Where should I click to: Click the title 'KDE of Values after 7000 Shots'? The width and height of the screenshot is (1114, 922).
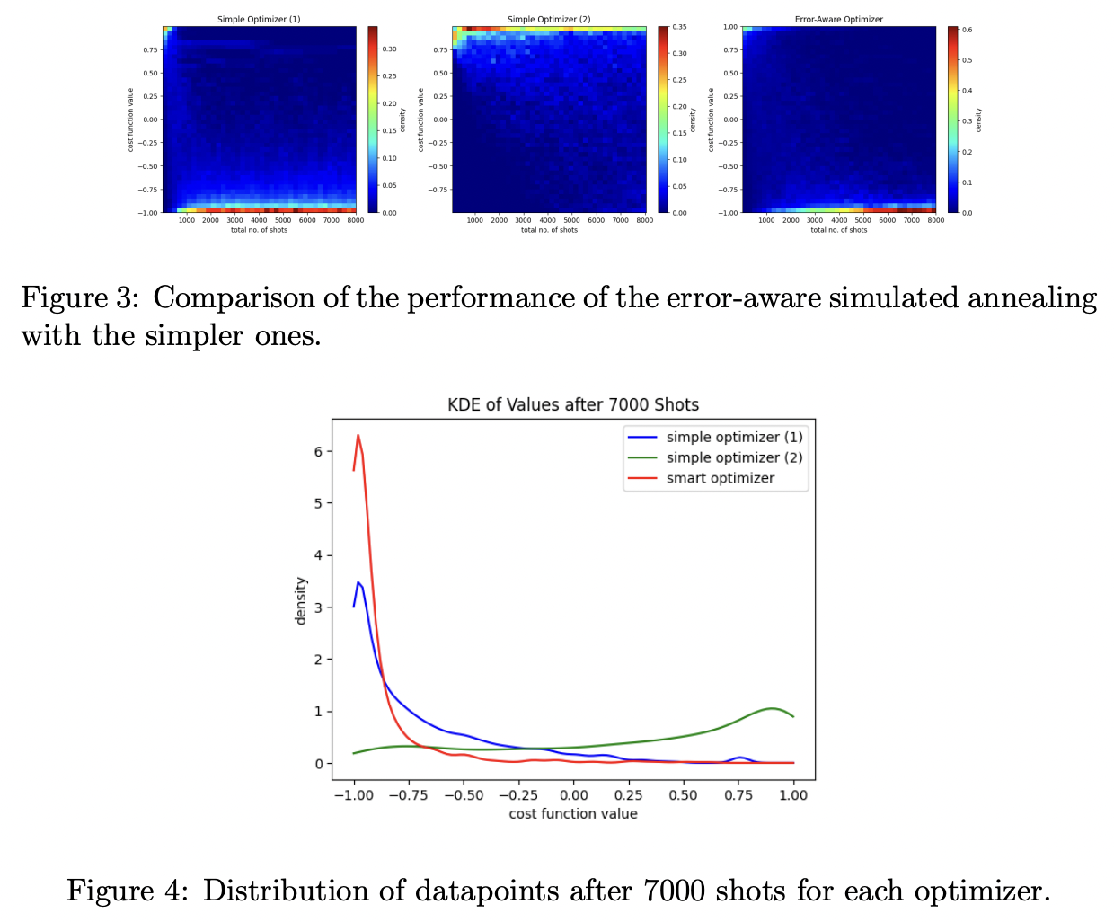pyautogui.click(x=573, y=404)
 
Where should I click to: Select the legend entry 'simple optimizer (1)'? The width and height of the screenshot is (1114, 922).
pyautogui.click(x=734, y=437)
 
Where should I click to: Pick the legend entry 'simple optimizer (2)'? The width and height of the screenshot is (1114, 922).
pyautogui.click(x=734, y=457)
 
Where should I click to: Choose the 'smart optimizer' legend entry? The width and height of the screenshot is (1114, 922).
pyautogui.click(x=720, y=478)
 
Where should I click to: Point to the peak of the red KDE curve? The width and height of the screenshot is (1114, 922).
pyautogui.click(x=358, y=436)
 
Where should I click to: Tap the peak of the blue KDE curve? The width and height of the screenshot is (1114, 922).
pyautogui.click(x=358, y=583)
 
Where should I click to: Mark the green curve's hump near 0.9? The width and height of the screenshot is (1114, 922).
pyautogui.click(x=772, y=709)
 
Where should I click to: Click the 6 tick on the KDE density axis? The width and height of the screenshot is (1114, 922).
pyautogui.click(x=318, y=452)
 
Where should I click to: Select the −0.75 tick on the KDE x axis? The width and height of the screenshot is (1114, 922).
pyautogui.click(x=409, y=794)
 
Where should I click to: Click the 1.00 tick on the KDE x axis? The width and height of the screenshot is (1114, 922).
pyautogui.click(x=793, y=794)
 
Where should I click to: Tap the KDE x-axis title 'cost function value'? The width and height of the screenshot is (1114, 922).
pyautogui.click(x=573, y=814)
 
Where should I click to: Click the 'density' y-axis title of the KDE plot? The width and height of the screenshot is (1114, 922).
pyautogui.click(x=302, y=600)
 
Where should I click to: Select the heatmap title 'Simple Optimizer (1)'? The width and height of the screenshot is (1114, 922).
pyautogui.click(x=259, y=19)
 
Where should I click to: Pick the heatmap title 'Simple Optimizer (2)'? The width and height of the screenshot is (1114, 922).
pyautogui.click(x=549, y=19)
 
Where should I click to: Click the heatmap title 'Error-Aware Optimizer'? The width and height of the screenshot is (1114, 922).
pyautogui.click(x=839, y=19)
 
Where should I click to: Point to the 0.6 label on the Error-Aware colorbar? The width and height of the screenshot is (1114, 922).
pyautogui.click(x=968, y=30)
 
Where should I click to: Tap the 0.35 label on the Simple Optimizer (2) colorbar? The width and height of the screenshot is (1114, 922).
pyautogui.click(x=680, y=27)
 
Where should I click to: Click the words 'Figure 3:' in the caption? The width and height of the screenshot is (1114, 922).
pyautogui.click(x=79, y=297)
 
